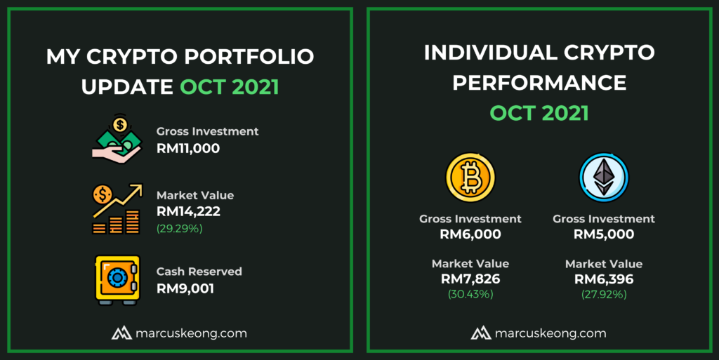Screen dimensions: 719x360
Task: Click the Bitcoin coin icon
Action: click(x=470, y=178)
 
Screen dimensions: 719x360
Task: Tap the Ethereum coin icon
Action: click(x=603, y=178)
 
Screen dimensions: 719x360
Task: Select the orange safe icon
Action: click(x=117, y=280)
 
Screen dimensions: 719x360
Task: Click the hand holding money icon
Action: click(x=117, y=139)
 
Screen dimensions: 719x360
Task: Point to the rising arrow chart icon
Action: click(x=117, y=209)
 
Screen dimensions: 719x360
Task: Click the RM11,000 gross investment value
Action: click(x=188, y=148)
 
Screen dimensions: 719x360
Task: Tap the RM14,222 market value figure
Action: click(x=188, y=212)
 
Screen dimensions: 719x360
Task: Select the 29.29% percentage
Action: click(x=179, y=228)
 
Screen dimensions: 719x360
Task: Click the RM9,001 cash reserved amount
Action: click(x=185, y=288)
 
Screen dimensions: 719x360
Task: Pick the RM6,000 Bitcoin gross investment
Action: click(x=470, y=234)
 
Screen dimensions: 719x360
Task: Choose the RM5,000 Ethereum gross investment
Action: click(x=604, y=234)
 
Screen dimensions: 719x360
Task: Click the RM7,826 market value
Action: click(x=470, y=279)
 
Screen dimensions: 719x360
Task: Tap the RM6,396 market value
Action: click(x=604, y=279)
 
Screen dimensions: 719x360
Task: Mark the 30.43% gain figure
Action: click(x=470, y=294)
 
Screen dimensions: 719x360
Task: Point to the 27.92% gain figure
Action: click(x=604, y=294)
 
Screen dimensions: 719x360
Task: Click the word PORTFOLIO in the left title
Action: click(x=249, y=57)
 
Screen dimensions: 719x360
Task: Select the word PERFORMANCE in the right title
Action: click(x=539, y=83)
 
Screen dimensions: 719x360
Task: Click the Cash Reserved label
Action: click(x=199, y=272)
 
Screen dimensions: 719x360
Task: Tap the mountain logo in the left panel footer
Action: click(x=121, y=333)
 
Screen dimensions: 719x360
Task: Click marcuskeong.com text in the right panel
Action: click(x=550, y=333)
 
